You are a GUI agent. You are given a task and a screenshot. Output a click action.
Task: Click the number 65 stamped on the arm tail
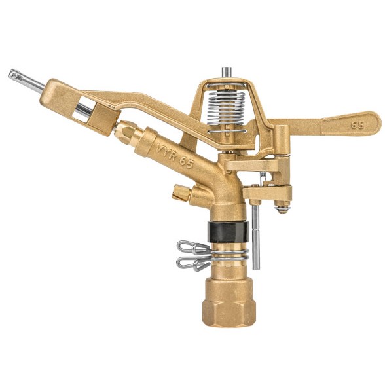pos(357,125)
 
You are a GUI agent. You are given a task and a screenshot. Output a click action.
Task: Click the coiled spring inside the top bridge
pos(227,108)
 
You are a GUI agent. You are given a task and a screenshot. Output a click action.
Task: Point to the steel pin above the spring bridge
pos(226,73)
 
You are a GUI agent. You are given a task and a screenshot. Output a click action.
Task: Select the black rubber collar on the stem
pos(228,232)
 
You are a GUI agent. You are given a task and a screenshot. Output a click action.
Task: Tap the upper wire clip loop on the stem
pos(193,247)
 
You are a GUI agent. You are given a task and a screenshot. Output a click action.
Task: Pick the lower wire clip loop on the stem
pos(193,264)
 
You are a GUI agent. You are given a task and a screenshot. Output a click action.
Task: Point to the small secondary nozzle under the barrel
pos(181,193)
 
